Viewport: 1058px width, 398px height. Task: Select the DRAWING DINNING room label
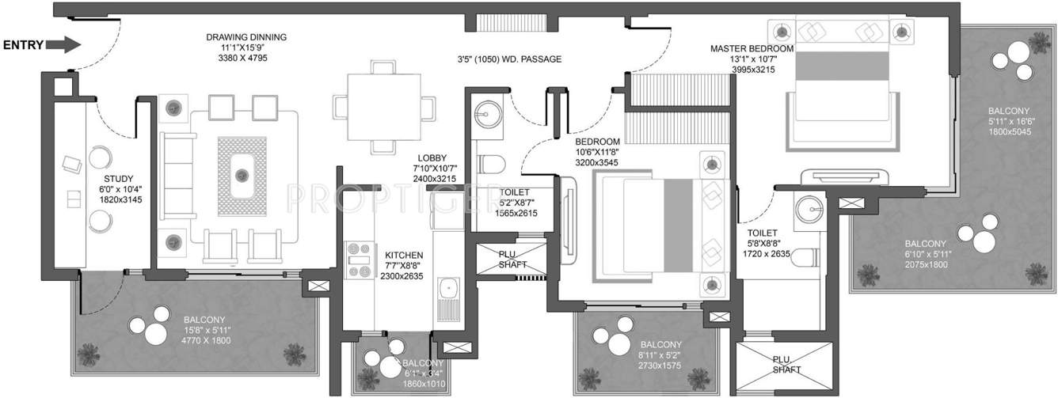click(x=246, y=37)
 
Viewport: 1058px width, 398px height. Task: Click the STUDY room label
click(x=119, y=179)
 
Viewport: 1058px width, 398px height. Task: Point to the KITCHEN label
click(x=404, y=255)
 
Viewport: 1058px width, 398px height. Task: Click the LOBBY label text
click(x=435, y=158)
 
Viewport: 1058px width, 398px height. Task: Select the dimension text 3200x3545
click(x=598, y=162)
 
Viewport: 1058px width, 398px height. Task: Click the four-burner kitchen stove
click(x=360, y=260)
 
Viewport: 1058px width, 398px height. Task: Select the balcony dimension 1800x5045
click(x=1008, y=133)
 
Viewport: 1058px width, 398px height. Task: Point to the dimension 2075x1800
click(x=927, y=264)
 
